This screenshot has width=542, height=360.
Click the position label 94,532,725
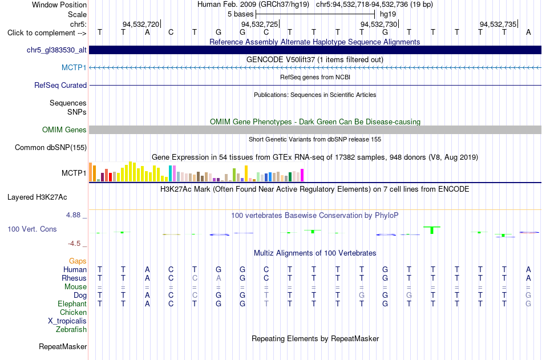[x=259, y=24]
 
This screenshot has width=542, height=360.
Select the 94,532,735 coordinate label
[x=497, y=24]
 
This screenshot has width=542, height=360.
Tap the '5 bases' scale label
[x=240, y=14]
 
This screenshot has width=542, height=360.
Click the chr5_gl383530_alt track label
[x=56, y=50]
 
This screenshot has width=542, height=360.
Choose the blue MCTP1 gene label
[x=74, y=67]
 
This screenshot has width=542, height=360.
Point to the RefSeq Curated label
[x=60, y=85]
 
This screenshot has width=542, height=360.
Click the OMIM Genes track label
[x=64, y=130]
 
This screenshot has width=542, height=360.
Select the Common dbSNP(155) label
[x=51, y=148]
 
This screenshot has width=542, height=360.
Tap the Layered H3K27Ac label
[x=37, y=197]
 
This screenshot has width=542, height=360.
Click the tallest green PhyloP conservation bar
[x=432, y=230]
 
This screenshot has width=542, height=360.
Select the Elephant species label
[x=72, y=304]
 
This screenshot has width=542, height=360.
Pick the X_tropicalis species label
[x=67, y=321]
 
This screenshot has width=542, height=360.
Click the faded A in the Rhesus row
[x=219, y=278]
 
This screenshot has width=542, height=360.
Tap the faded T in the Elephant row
[x=266, y=304]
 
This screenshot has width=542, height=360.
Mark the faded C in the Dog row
[x=195, y=296]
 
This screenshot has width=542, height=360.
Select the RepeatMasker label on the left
[x=63, y=346]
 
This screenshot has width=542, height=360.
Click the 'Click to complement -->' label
[x=47, y=33]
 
